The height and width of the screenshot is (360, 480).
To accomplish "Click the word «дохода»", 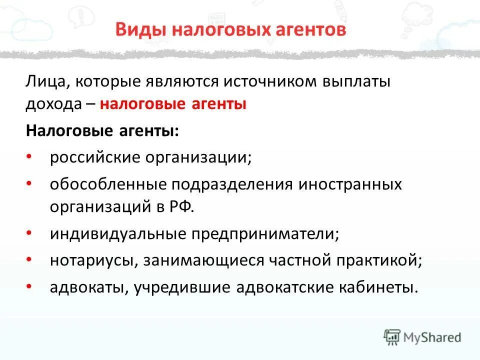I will [53, 104].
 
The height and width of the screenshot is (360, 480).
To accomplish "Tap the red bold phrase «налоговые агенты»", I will [173, 104].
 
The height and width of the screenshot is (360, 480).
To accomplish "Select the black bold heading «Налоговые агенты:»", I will [102, 131].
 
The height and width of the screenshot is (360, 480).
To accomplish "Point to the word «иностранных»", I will [350, 184].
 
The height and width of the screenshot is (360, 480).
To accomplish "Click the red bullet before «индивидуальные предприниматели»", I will [29, 233].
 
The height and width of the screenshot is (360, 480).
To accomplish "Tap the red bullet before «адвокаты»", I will [29, 286].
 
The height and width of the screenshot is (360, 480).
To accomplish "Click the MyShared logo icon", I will [392, 336].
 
